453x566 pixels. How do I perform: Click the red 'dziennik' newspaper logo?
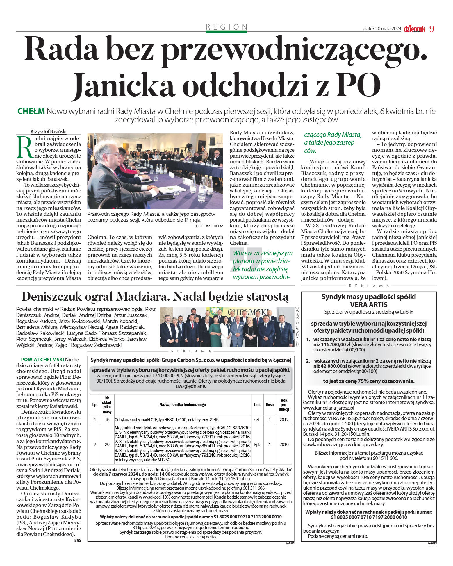(414, 29)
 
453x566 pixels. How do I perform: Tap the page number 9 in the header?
(431, 29)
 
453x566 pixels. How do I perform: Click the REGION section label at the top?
(226, 27)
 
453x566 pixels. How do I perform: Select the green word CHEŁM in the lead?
(31, 111)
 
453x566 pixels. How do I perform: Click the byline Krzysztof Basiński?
(49, 131)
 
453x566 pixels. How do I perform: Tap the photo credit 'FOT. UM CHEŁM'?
(209, 226)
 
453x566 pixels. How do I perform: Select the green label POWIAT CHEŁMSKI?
(42, 360)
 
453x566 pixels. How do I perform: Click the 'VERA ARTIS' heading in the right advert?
(368, 305)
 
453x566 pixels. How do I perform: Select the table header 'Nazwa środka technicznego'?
(182, 404)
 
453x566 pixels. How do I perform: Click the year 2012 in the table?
(284, 419)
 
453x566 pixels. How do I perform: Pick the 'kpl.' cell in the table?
(257, 444)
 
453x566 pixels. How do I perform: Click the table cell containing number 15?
(107, 419)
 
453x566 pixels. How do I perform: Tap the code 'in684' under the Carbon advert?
(290, 543)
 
